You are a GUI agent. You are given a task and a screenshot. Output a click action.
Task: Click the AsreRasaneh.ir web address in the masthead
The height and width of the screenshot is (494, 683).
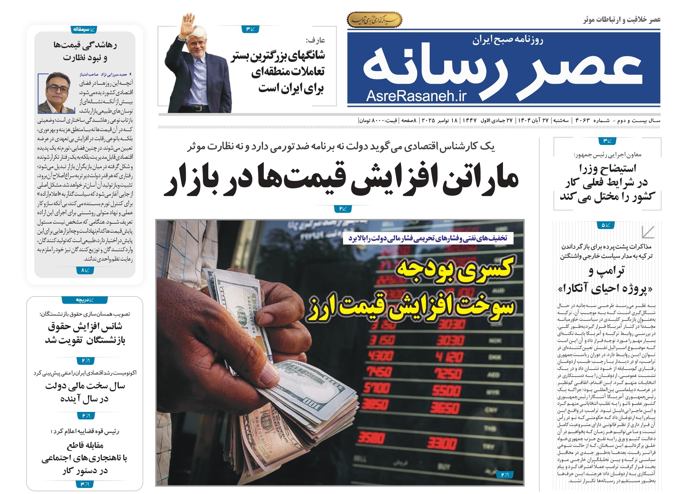(x=416, y=96)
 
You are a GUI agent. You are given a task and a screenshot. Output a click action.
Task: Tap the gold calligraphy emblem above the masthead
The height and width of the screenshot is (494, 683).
(x=374, y=20)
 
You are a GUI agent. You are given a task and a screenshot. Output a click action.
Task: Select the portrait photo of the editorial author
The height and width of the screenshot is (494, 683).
(x=56, y=93)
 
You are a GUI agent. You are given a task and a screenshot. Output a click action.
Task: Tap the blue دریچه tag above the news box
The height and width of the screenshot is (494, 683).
(x=84, y=300)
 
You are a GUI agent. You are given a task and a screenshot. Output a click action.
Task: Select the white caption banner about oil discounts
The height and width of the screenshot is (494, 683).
(x=428, y=238)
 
